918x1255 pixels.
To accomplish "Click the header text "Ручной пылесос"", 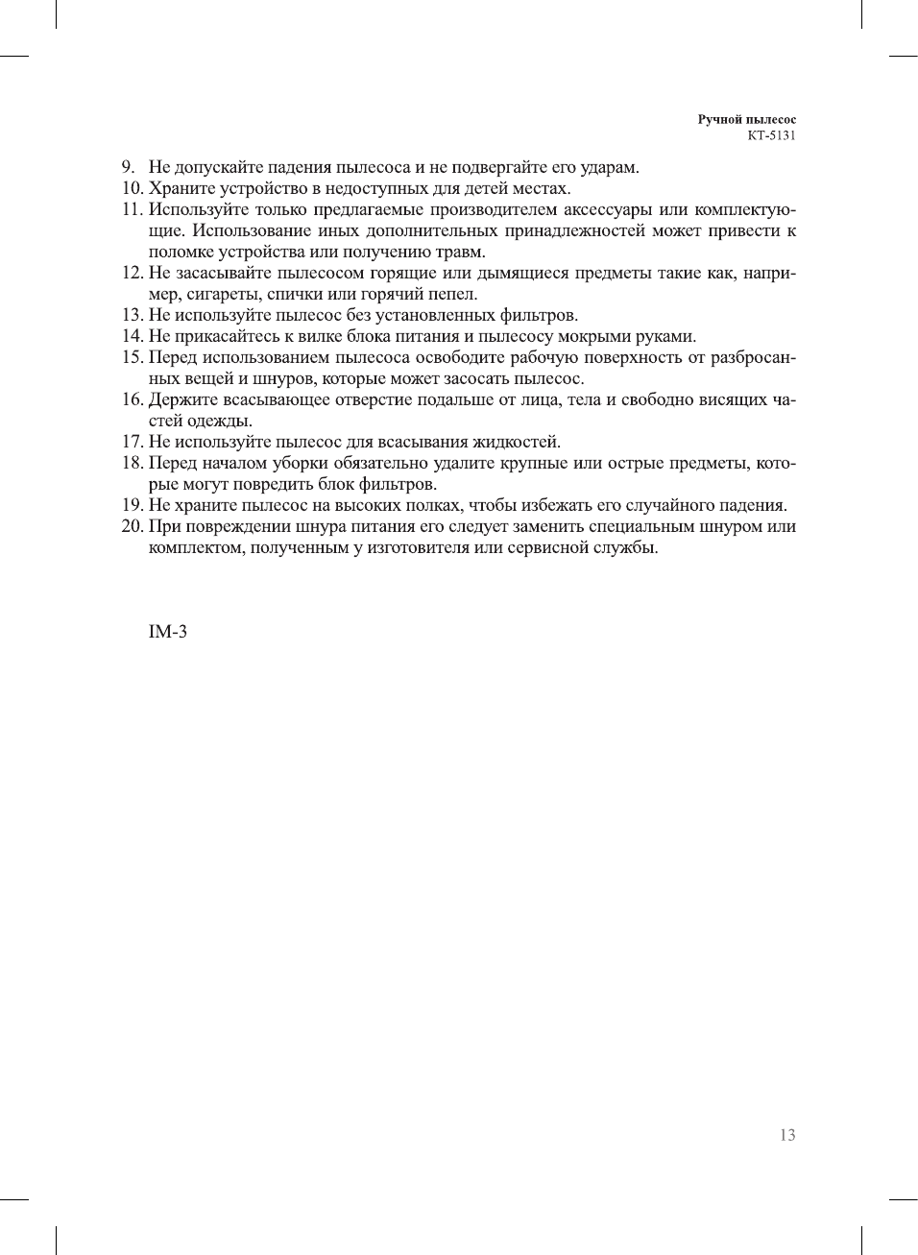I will click(746, 120).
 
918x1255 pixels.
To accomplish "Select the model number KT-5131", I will click(771, 135).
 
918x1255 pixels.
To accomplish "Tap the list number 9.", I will click(128, 168).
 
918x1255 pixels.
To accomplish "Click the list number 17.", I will click(132, 443).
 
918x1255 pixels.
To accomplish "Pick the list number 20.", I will click(132, 527).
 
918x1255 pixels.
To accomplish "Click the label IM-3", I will click(167, 632).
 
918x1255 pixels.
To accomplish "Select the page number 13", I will click(787, 1135).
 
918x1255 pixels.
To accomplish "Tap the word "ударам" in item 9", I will click(609, 168).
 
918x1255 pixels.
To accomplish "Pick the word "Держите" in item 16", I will click(182, 400).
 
